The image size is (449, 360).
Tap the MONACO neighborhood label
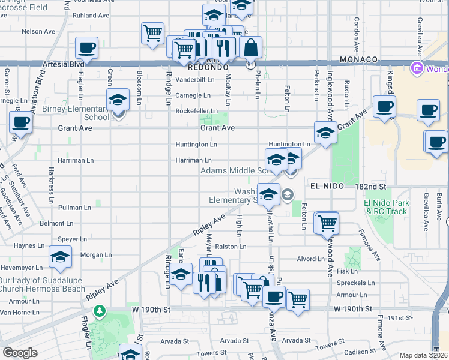click(358, 60)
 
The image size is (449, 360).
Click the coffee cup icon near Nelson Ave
click(87, 48)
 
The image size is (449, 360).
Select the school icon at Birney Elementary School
click(118, 100)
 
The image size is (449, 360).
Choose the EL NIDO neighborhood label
click(327, 187)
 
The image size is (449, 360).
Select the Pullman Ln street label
click(75, 208)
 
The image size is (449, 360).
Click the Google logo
click(20, 353)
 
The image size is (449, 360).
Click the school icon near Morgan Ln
click(60, 259)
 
